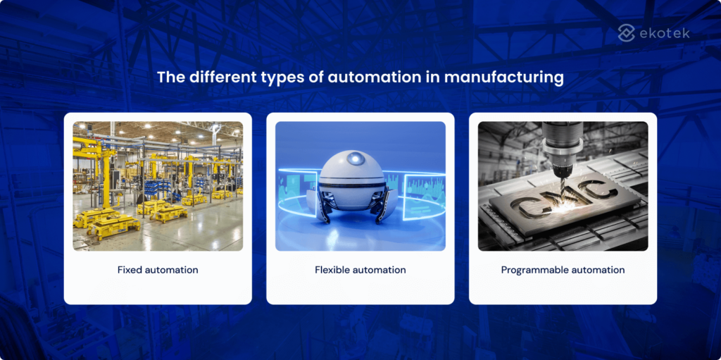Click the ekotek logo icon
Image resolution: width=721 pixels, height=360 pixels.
click(x=627, y=32)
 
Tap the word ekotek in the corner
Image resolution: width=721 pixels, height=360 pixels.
click(x=665, y=33)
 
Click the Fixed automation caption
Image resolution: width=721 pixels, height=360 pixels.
click(x=158, y=270)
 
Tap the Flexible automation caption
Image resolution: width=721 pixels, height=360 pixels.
click(x=360, y=270)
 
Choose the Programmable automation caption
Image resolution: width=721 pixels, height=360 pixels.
click(x=563, y=270)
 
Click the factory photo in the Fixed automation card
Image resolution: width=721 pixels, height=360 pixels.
click(x=158, y=186)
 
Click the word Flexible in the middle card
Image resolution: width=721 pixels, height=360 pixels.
click(x=331, y=270)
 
